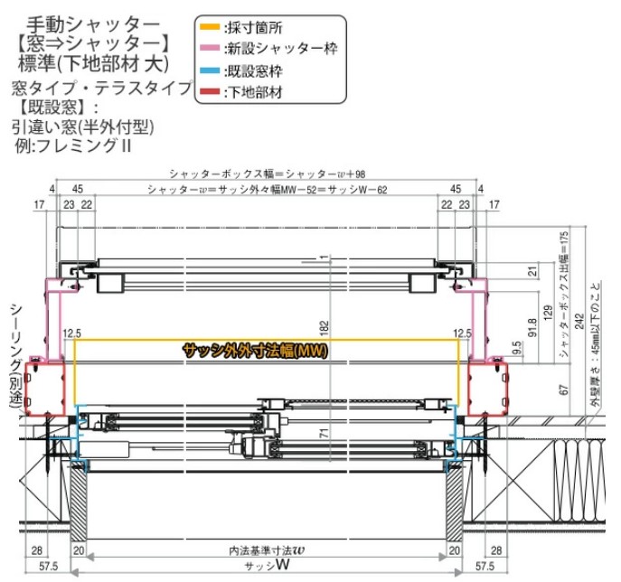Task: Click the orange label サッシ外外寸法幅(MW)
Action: (x=255, y=350)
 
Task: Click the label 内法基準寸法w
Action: (x=267, y=549)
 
